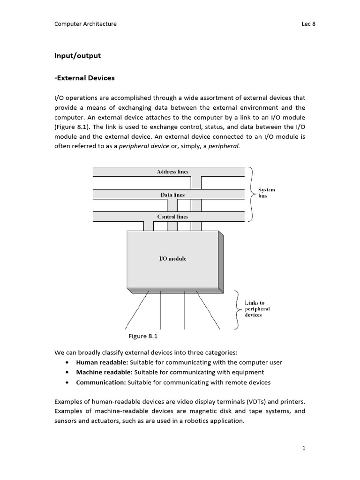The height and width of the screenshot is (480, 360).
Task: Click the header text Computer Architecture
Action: pyautogui.click(x=85, y=24)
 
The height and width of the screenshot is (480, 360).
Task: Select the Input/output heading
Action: pyautogui.click(x=77, y=56)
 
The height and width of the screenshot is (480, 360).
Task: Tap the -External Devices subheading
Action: pyautogui.click(x=85, y=78)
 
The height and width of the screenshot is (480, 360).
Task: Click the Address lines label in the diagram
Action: pyautogui.click(x=172, y=172)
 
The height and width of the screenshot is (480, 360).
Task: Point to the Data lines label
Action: pyautogui.click(x=172, y=195)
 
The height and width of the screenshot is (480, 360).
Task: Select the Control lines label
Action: pyautogui.click(x=172, y=217)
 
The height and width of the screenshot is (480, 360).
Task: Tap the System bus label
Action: pyautogui.click(x=266, y=193)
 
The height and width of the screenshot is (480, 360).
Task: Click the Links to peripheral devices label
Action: pyautogui.click(x=257, y=309)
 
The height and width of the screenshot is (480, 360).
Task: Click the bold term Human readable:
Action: pyautogui.click(x=102, y=362)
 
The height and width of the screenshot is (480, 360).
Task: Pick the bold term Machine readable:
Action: pyautogui.click(x=105, y=372)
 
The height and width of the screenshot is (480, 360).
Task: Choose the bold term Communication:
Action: pyautogui.click(x=101, y=382)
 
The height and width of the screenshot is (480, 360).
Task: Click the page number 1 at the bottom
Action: pyautogui.click(x=304, y=448)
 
